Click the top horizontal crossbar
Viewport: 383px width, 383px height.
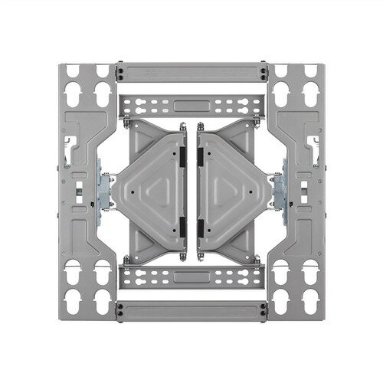pyautogui.click(x=191, y=74)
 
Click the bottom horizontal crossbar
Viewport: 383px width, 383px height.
pyautogui.click(x=191, y=309)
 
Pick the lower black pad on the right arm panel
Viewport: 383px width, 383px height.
pyautogui.click(x=201, y=224)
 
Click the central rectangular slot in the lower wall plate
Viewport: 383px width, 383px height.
pyautogui.click(x=191, y=275)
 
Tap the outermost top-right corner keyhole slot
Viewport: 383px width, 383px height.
pyautogui.click(x=310, y=71)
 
